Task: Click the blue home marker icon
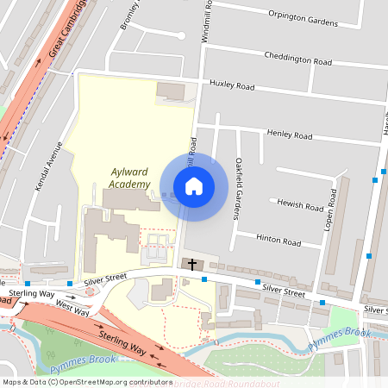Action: [x=194, y=185]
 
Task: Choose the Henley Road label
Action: [x=290, y=135]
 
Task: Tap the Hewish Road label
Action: [x=300, y=203]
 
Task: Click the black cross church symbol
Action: [x=191, y=265]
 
